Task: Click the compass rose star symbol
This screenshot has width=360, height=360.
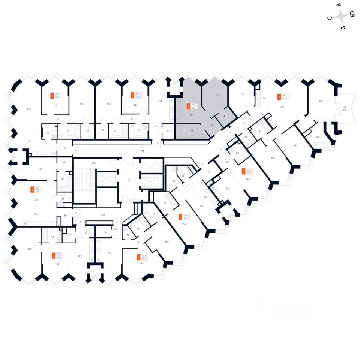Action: pos(341,16)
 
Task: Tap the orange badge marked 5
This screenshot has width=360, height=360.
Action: pos(279,97)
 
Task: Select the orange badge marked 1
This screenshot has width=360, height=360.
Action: pos(188,106)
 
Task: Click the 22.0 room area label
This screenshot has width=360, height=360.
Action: pos(28,109)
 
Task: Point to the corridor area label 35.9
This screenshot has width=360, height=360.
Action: pos(142,150)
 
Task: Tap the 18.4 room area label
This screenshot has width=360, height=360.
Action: pos(321,101)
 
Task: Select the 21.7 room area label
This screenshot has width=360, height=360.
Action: pos(30,249)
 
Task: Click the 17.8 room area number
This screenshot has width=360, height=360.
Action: pos(36,200)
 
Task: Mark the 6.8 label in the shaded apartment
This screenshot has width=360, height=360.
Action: pos(192,130)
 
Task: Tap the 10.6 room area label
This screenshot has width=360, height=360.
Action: pos(201,206)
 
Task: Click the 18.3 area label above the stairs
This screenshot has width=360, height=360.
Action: pos(93,164)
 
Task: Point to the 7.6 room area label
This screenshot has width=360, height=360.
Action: pos(264,98)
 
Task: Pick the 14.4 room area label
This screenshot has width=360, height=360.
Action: pos(160,101)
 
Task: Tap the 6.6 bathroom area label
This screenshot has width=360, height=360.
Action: pos(318,137)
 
